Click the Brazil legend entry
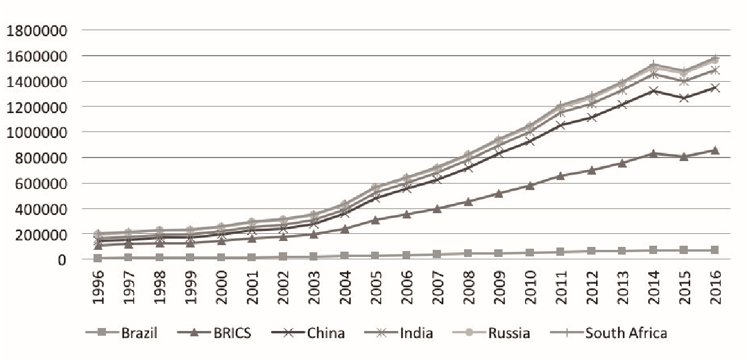[x=139, y=333]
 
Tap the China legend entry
[x=325, y=333]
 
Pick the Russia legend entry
[x=508, y=333]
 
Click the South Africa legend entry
[x=626, y=333]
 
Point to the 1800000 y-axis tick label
[x=37, y=30]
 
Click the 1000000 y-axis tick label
[x=37, y=132]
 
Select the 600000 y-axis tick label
[x=41, y=183]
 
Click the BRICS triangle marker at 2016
[x=715, y=150]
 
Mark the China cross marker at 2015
[x=684, y=98]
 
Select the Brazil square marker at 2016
[x=715, y=250]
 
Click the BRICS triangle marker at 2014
[x=653, y=153]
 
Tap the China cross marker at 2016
[x=715, y=88]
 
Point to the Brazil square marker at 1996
[x=98, y=258]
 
